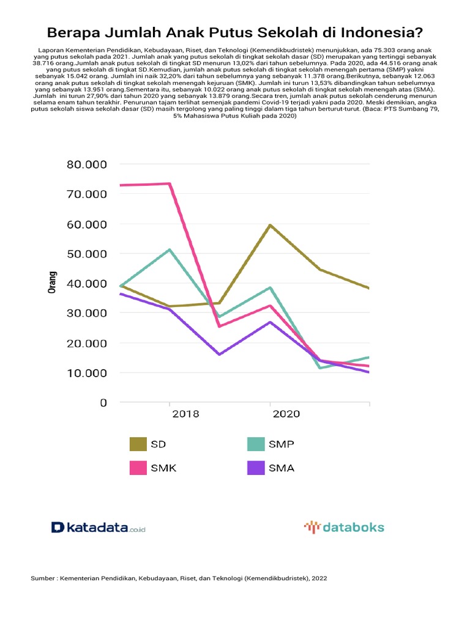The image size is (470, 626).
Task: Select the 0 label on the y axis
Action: [103, 403]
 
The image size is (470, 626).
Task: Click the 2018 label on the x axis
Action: [186, 414]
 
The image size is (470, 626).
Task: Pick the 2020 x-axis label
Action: [286, 414]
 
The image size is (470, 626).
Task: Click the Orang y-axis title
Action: [52, 283]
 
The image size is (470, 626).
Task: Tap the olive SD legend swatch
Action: [138, 444]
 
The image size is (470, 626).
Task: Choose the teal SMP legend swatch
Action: [256, 444]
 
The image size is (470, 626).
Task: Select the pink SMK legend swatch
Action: [138, 468]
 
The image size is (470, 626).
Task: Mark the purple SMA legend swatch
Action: [256, 468]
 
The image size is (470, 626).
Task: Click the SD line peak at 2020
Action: [269, 225]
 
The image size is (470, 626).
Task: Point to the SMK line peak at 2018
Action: [170, 183]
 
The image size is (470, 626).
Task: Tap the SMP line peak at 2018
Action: [170, 249]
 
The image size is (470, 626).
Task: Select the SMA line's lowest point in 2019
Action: [219, 354]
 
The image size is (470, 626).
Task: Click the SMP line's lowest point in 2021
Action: [319, 367]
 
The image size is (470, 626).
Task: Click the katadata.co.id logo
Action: [99, 527]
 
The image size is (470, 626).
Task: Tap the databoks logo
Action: [344, 527]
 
